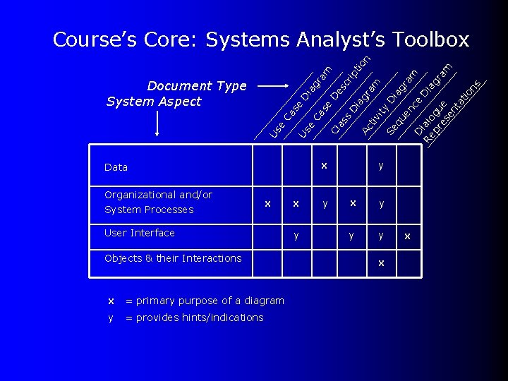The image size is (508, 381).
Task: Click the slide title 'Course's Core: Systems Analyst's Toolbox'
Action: coord(261,40)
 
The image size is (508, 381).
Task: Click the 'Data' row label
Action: coord(116,167)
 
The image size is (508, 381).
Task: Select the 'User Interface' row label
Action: coord(139,233)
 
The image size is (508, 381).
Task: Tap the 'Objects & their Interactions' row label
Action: coord(172,258)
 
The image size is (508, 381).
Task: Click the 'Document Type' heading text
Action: coord(197,86)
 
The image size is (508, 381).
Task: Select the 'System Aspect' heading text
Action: coord(153,102)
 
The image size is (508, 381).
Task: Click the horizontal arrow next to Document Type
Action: coord(272,86)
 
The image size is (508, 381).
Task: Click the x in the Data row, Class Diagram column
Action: coord(324,166)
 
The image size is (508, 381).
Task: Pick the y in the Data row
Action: coord(381,166)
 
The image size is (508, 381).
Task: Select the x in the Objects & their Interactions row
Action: coord(381,262)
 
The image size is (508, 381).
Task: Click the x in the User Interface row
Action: coord(407,236)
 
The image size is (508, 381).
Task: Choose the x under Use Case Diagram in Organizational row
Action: coord(267,203)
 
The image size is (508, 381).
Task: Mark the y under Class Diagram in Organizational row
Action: coord(325,203)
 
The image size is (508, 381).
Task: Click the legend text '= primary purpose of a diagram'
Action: coord(205,301)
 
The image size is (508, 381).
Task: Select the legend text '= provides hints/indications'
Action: coord(194,317)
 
